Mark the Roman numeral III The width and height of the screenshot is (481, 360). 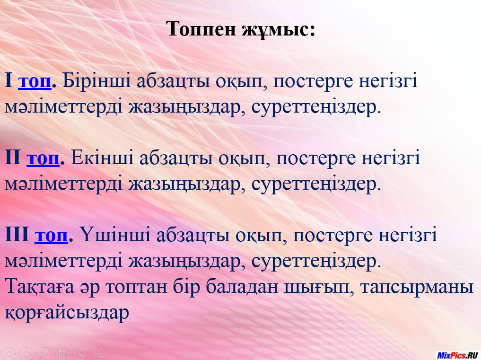coord(17,235)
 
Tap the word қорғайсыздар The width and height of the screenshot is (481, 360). coord(67,314)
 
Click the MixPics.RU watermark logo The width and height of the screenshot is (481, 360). coord(457,355)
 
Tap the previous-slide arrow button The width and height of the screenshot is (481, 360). coord(9,354)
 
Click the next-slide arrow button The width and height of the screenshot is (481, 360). coord(26,354)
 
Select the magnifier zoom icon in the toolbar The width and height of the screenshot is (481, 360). coord(80,354)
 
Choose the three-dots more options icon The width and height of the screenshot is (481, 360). coord(98,354)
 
